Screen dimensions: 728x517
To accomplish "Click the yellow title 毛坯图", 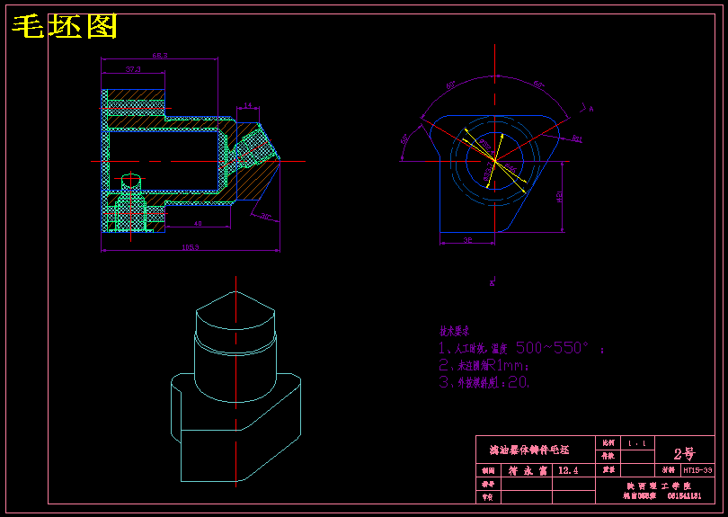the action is (x=65, y=28).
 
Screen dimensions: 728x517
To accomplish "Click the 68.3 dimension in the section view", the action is (x=159, y=56).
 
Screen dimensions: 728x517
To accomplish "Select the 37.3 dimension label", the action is (x=133, y=68).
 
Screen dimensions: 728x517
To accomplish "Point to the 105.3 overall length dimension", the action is (x=190, y=246).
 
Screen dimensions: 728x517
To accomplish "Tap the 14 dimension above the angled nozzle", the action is (x=248, y=105).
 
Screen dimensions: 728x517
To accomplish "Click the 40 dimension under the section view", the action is (x=198, y=222).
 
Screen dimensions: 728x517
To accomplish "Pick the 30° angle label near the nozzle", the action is (x=266, y=215).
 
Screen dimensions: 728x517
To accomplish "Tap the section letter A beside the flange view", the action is (x=590, y=109).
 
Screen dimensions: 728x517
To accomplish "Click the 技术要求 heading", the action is (x=454, y=331).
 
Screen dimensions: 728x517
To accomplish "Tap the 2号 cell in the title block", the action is (x=683, y=453).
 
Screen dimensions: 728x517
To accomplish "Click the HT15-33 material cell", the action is (x=697, y=470).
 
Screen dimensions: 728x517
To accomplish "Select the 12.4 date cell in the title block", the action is (x=568, y=470).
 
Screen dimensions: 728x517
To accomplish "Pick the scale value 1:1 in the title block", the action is (x=637, y=443).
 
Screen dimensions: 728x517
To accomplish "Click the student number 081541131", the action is (x=683, y=495).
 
